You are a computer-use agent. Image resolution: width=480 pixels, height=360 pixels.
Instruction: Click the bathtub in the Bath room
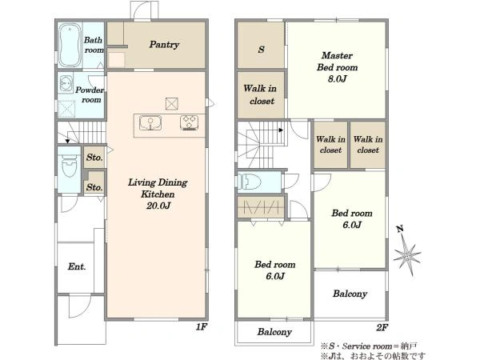pos(70,46)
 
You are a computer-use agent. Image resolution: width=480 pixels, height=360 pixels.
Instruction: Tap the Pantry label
pos(164,45)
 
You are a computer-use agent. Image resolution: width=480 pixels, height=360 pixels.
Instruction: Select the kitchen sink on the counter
pos(150,123)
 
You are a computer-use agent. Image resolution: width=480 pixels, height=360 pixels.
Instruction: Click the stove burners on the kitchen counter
pos(189,122)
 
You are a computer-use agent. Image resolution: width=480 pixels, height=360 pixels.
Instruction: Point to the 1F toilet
pos(70,166)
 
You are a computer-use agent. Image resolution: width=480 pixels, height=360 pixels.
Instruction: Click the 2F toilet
pos(250,182)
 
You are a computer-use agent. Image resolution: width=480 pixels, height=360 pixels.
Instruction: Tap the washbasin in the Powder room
pos(66,83)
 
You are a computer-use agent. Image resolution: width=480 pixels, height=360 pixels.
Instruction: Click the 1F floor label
pos(201,327)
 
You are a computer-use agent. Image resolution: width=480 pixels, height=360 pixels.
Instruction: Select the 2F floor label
pos(382,327)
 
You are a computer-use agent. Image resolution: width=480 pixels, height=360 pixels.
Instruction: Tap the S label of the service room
pos(261,50)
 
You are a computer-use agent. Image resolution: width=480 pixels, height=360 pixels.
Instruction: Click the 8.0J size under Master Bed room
pos(337,79)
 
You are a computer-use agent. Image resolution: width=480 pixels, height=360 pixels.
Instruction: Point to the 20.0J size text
pos(158,206)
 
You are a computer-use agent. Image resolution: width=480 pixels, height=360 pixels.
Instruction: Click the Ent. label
pos(77,266)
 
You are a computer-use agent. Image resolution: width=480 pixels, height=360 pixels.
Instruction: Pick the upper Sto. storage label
pos(94,158)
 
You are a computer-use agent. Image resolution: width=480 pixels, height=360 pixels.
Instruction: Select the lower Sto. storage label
pos(94,187)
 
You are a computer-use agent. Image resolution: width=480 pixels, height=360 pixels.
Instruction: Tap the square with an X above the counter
pos(172,104)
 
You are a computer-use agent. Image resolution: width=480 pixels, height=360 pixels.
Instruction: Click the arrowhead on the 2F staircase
pos(281,130)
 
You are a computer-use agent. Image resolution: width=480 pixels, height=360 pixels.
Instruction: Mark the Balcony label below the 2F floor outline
pos(274,332)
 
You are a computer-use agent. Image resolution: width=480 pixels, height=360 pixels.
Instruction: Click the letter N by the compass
pos(400,229)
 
